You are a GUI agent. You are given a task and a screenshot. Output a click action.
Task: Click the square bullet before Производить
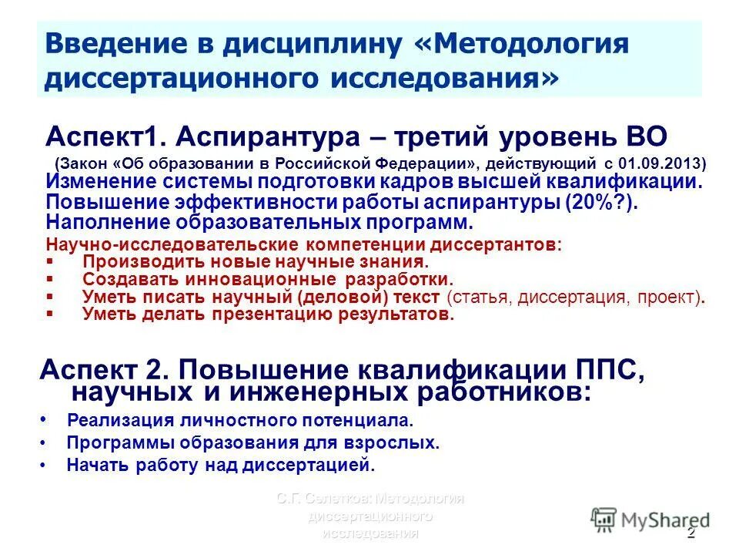coord(51,261)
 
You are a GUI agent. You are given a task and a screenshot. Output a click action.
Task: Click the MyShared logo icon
coord(605,519)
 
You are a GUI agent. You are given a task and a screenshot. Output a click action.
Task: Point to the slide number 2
coord(691,534)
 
